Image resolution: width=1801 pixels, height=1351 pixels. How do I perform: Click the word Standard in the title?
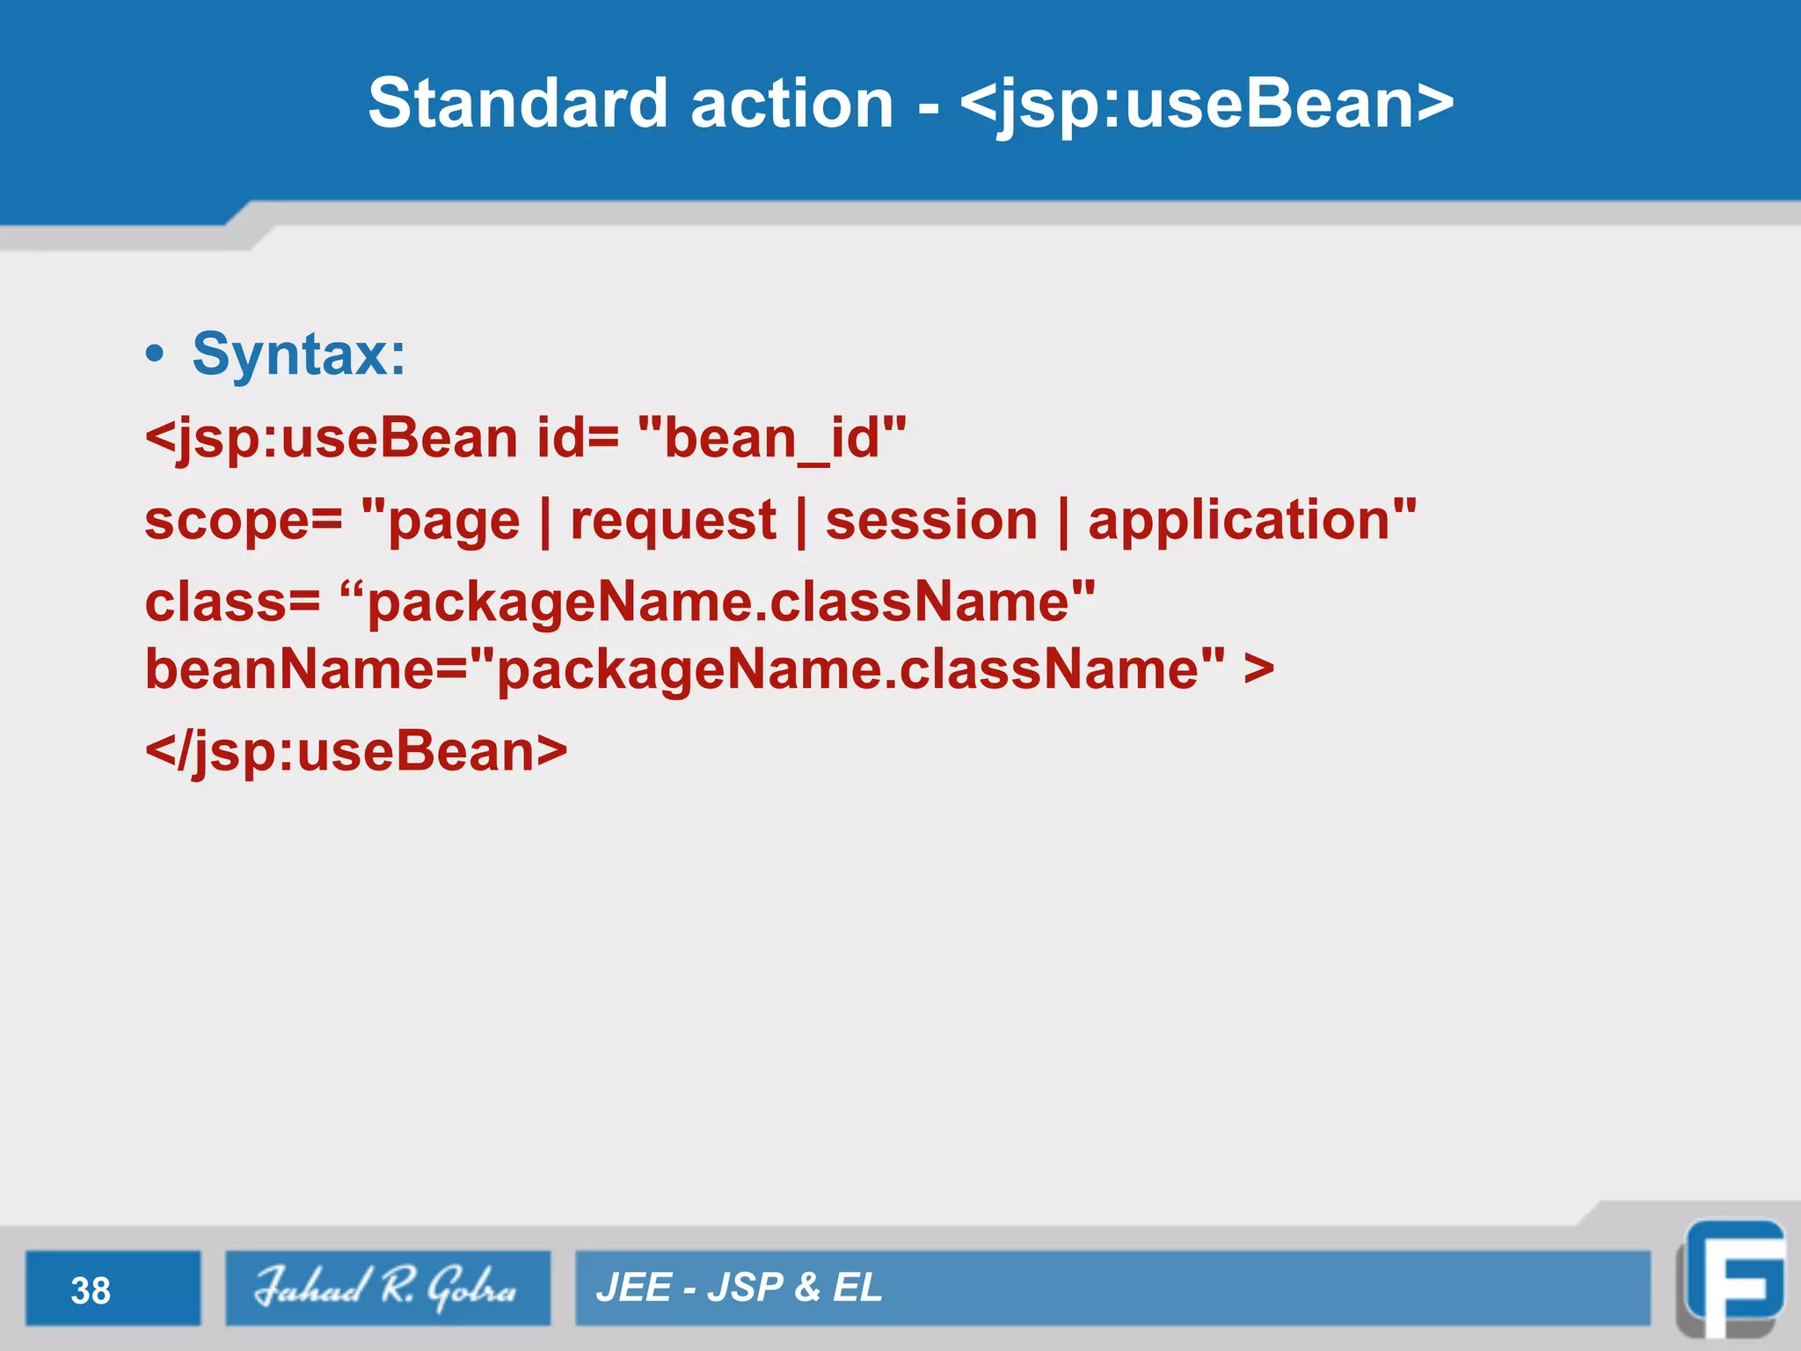coord(517,104)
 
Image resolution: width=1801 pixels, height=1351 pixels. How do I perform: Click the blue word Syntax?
coord(299,354)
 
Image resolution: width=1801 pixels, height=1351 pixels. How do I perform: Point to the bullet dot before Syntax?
coord(156,354)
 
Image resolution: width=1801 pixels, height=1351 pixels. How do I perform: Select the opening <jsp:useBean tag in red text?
coord(332,439)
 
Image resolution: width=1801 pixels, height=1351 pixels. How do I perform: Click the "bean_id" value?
coord(771,437)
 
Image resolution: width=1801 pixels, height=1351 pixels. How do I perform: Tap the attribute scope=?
coord(243,521)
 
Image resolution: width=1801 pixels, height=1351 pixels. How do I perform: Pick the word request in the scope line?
coord(673,521)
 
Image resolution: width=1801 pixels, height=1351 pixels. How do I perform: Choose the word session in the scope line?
coord(931,520)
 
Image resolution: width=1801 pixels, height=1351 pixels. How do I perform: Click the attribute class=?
coord(232,602)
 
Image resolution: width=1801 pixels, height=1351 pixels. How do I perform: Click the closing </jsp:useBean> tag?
coord(356,753)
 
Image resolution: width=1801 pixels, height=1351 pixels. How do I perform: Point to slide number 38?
coord(91,1290)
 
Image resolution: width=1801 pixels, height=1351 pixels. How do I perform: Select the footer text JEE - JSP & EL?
coord(739,1288)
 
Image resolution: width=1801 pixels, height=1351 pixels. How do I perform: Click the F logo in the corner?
coord(1732,1280)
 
